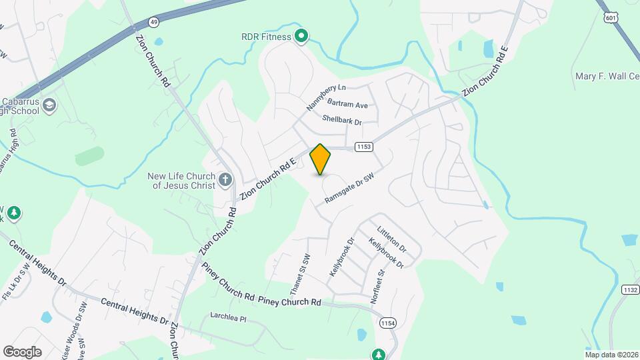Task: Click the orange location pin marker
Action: pos(321,159)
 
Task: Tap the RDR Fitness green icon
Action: pos(301,36)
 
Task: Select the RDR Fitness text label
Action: pos(267,37)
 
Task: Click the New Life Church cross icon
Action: pos(225,179)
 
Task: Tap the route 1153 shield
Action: pos(363,147)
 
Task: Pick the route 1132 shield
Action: pos(630,289)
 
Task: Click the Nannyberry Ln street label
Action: pos(326,97)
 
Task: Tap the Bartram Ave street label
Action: pos(347,105)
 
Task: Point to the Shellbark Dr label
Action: pos(341,121)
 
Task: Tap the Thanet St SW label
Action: pos(301,275)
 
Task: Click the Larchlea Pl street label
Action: pos(228,319)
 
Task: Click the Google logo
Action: pos(22,352)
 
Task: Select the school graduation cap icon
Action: pos(50,105)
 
